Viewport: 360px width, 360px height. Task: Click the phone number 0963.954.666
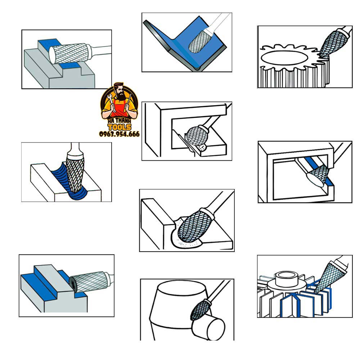click(120, 134)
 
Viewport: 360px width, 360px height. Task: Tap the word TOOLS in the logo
click(120, 127)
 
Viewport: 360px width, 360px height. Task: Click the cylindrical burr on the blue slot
click(68, 54)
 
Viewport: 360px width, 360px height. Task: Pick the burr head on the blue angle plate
click(197, 41)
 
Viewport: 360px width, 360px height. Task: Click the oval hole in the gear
click(284, 58)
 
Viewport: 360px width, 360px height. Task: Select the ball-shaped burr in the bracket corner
click(196, 136)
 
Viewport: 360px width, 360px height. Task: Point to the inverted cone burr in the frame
click(318, 176)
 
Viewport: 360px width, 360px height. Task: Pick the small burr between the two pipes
click(199, 310)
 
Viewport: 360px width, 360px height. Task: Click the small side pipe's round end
click(216, 329)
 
